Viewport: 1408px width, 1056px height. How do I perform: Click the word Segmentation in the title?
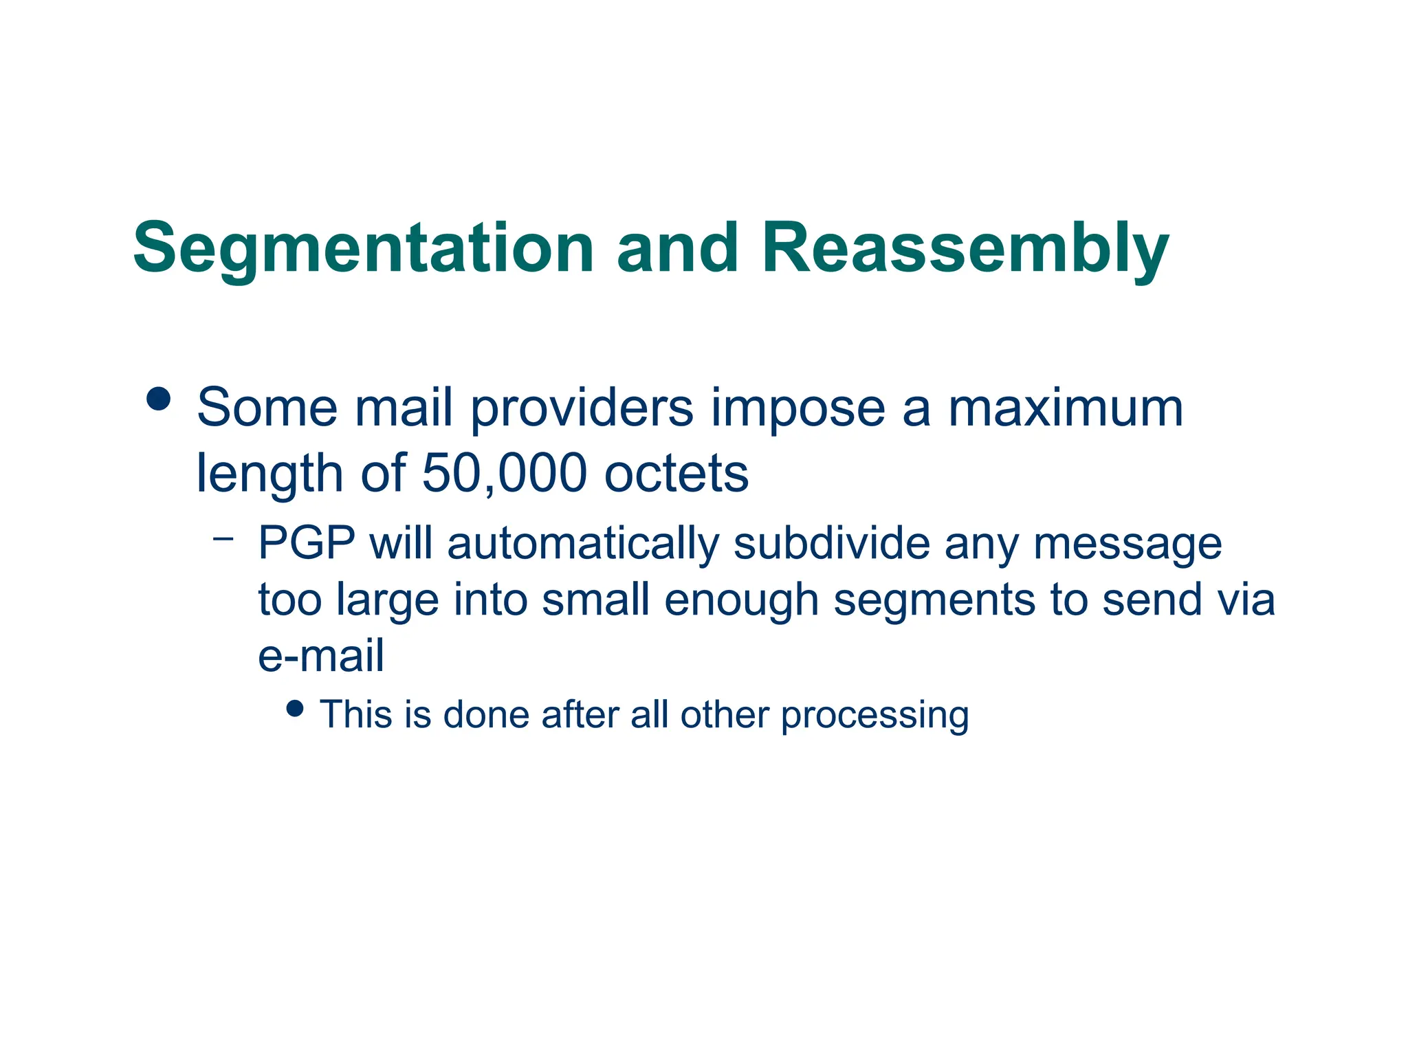[x=363, y=249]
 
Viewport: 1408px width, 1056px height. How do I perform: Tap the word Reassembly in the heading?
[x=965, y=249]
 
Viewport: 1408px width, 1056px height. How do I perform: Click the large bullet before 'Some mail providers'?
[x=159, y=399]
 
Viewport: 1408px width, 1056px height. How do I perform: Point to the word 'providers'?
[x=582, y=409]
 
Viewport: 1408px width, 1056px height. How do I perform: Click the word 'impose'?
[x=797, y=409]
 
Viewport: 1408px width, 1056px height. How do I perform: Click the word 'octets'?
[x=676, y=474]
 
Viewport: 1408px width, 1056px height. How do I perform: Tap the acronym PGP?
[x=307, y=543]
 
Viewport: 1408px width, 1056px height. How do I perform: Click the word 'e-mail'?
[x=321, y=656]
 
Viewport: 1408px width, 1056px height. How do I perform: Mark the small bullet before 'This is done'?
[x=295, y=709]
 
